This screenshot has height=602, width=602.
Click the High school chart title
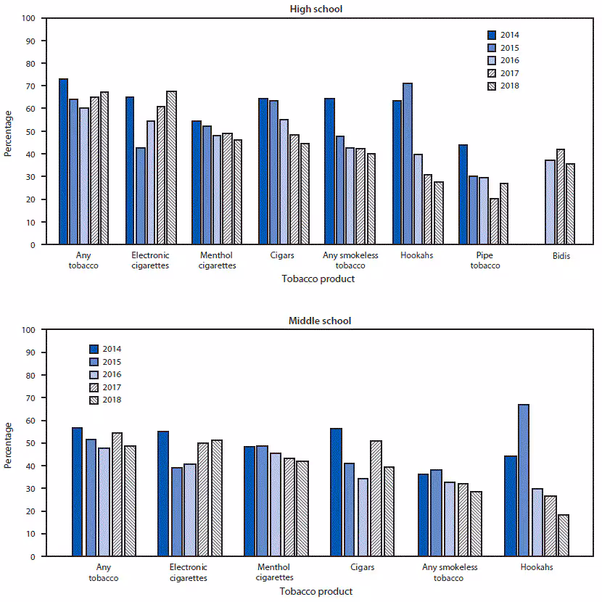[316, 9]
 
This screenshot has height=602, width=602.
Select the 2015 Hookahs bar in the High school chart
[408, 164]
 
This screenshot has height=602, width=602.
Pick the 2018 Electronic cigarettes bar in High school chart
[172, 168]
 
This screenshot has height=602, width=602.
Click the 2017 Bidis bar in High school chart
[560, 197]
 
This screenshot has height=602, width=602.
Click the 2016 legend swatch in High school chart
[492, 60]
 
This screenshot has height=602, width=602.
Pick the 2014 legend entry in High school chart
[503, 35]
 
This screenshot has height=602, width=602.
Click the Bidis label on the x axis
[560, 255]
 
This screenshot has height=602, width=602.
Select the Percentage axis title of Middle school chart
[8, 444]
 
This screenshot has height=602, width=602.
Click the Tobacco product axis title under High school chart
[317, 279]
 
